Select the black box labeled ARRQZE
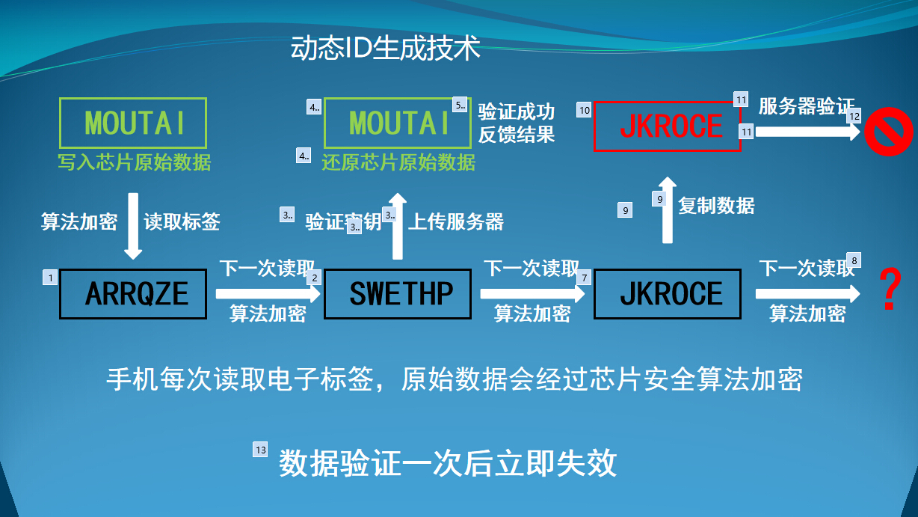pos(133,293)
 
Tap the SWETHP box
pos(398,293)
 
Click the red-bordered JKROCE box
pos(667,127)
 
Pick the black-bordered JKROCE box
pos(668,293)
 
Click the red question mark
pos(889,290)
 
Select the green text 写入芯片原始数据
pos(135,162)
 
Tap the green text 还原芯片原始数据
pos(398,162)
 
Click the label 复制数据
pos(716,206)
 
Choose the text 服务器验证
pos(806,106)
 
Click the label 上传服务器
pos(456,221)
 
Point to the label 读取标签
pos(182,221)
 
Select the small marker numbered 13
pos(260,450)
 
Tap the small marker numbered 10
pos(584,110)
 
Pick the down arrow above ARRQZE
pos(132,225)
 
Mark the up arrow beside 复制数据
pos(668,210)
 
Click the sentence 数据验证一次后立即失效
pos(448,464)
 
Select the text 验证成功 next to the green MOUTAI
pos(516,112)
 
